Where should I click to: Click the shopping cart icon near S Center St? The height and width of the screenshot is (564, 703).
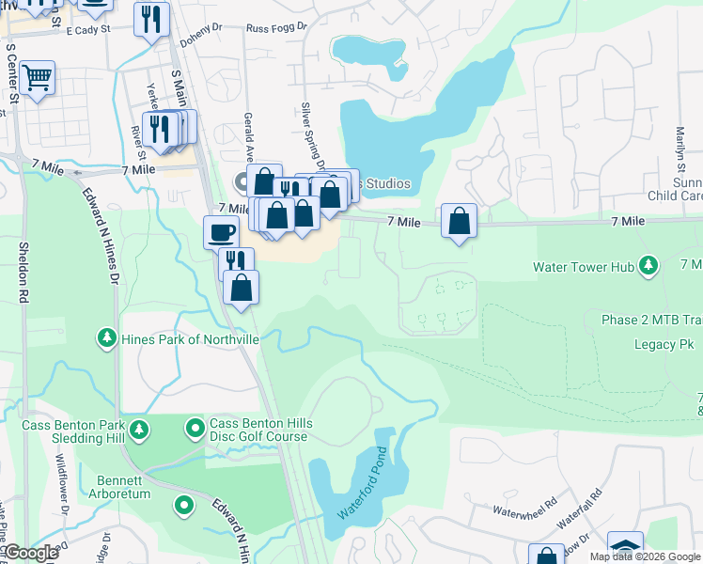[x=37, y=79]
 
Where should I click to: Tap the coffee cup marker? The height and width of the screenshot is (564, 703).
[x=222, y=231]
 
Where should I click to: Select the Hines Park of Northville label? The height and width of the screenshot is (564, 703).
[x=177, y=337]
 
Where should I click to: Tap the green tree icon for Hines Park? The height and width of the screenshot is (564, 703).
[x=108, y=337]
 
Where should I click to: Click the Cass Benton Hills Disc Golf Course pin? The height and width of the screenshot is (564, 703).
[x=195, y=430]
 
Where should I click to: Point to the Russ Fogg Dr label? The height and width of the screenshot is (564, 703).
[x=276, y=28]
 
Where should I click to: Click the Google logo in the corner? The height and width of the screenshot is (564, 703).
[x=30, y=553]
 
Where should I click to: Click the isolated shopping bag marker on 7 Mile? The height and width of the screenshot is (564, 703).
[x=459, y=223]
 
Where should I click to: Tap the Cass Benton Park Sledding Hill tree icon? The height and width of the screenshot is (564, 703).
[x=139, y=431]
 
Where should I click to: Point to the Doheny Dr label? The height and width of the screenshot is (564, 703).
[x=201, y=28]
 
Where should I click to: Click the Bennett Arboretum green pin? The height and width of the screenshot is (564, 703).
[x=184, y=506]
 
